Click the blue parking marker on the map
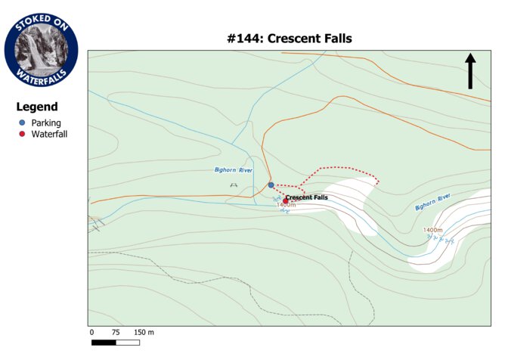point(271,185)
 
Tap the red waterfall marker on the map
point(286,200)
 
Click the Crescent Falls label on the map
point(307,197)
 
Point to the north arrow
point(470,71)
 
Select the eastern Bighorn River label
point(432,201)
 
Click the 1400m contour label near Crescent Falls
point(286,205)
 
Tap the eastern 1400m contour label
point(432,230)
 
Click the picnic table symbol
point(234,185)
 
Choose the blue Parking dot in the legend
point(22,123)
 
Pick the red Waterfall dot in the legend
point(22,134)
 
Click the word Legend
point(37,107)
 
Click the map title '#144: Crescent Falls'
point(290,39)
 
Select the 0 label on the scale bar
point(91,332)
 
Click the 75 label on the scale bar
point(116,332)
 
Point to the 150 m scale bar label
point(144,332)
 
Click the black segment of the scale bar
point(104,343)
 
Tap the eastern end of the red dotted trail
point(378,181)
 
